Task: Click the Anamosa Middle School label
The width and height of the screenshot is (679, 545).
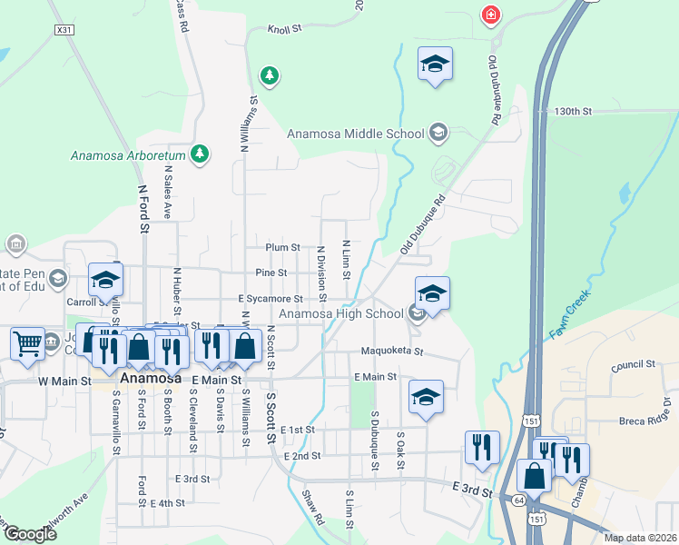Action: pyautogui.click(x=356, y=134)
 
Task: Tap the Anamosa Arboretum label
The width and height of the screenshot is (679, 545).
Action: pyautogui.click(x=128, y=155)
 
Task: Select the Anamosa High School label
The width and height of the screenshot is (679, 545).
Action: pyautogui.click(x=340, y=314)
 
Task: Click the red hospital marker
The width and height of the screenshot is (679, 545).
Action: pyautogui.click(x=491, y=15)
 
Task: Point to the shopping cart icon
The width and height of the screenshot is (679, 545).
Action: pyautogui.click(x=27, y=343)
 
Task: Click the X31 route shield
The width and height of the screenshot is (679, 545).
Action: pyautogui.click(x=64, y=30)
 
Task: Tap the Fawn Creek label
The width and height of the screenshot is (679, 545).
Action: pyautogui.click(x=568, y=314)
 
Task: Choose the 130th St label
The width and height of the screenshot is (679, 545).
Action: pyautogui.click(x=574, y=112)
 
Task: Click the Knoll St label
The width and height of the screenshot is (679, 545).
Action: pyautogui.click(x=284, y=30)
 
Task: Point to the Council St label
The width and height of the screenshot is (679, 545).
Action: pyautogui.click(x=634, y=364)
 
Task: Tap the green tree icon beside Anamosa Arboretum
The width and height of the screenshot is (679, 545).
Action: pyautogui.click(x=202, y=154)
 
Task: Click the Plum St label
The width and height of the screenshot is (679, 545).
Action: pyautogui.click(x=282, y=247)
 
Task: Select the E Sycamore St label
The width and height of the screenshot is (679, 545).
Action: pyautogui.click(x=271, y=298)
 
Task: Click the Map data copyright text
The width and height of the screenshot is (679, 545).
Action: pyautogui.click(x=640, y=538)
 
